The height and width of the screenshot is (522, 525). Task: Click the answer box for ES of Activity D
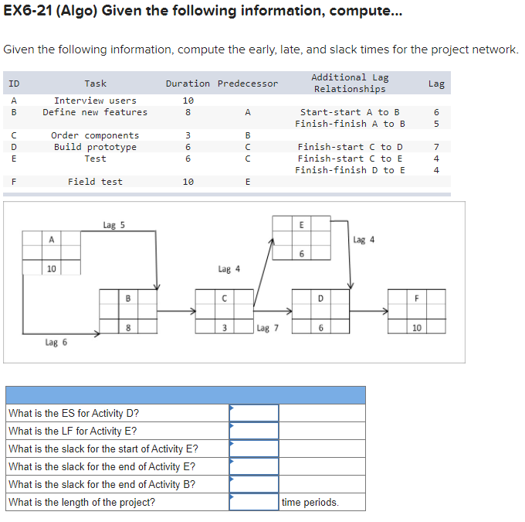point(254,413)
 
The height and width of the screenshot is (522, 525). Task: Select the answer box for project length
point(254,502)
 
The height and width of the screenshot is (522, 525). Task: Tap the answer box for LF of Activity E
point(254,431)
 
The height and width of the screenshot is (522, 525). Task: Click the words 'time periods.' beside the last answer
point(310,503)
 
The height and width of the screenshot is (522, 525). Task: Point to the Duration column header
point(187,84)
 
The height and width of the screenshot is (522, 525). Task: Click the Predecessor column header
point(247,84)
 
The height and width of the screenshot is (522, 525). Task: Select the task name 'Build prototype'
point(95,147)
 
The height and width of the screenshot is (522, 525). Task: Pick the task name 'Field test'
point(95,182)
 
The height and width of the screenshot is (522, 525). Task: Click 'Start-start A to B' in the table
point(349,112)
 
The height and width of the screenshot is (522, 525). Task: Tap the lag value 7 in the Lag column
point(436,147)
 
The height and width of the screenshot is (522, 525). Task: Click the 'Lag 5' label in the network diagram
point(113,225)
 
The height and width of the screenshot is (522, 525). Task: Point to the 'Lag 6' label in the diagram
point(56,341)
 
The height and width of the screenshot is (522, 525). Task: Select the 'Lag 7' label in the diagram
point(267,328)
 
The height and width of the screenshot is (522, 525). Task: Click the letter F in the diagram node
point(417,299)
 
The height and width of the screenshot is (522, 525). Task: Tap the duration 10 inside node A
point(51,268)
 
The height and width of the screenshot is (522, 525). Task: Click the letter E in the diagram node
point(301,225)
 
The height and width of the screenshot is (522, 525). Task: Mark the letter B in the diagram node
point(127,299)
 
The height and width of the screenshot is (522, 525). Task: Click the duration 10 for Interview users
point(187,101)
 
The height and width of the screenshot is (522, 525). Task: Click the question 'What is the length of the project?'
point(81,503)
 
